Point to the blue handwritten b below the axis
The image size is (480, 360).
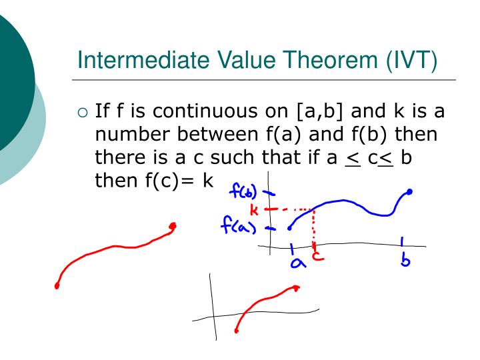click(405, 259)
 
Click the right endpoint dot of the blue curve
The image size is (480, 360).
click(409, 192)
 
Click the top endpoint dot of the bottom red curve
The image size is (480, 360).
click(296, 287)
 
